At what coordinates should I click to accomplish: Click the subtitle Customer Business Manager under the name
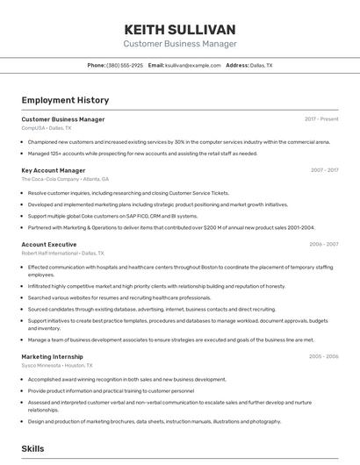180,44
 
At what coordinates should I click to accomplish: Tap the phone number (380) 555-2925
125,66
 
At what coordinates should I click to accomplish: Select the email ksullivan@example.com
192,66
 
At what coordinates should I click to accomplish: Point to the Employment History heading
65,100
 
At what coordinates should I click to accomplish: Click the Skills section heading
33,448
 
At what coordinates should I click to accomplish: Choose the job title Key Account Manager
54,170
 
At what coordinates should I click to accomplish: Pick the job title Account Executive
49,244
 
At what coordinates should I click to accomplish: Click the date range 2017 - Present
321,119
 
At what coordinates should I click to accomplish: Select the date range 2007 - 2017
324,170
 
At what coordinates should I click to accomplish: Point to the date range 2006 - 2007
324,244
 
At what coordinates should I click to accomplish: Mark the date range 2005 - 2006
324,357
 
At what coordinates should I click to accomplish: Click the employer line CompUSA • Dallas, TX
47,128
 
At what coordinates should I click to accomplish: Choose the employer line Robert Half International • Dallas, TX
68,253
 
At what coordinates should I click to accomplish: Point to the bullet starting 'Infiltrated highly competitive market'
156,286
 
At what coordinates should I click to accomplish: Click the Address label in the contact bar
237,66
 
